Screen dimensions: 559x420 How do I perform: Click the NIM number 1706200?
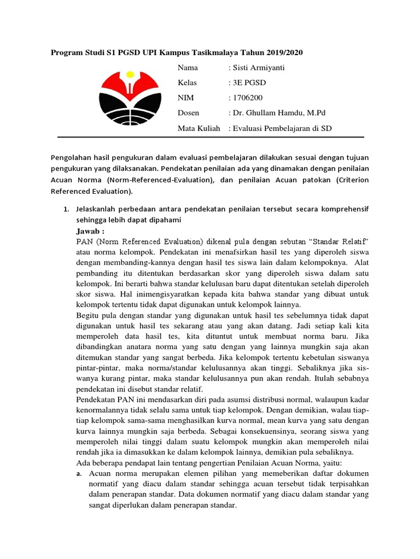tap(247, 98)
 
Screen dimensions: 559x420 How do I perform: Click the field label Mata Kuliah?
tap(199, 128)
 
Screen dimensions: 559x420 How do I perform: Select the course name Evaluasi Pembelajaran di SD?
tap(282, 128)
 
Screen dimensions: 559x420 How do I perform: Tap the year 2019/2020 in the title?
tap(283, 52)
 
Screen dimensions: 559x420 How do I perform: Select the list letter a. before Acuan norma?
tap(79, 473)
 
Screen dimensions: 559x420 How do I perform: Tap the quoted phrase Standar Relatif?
tap(340, 241)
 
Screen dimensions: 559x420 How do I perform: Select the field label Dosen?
tap(188, 113)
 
